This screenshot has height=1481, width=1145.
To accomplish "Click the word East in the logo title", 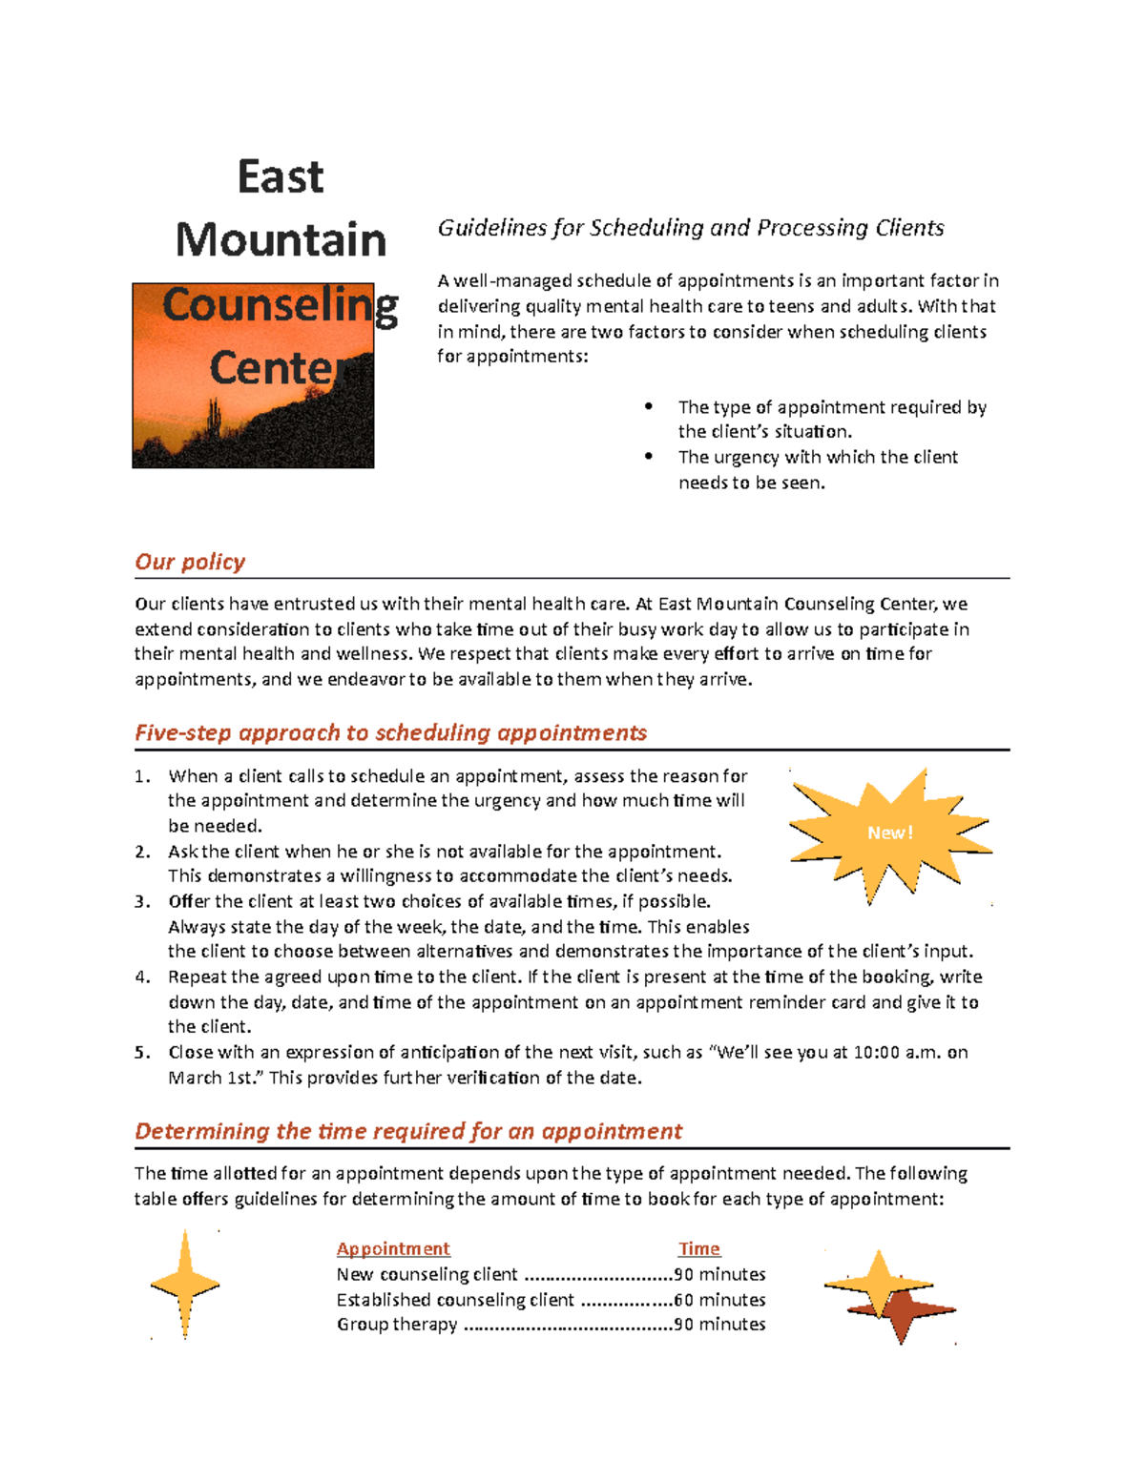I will click(281, 177).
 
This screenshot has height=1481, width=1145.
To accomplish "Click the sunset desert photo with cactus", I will click(253, 410).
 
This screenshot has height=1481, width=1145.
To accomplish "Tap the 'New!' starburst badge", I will click(889, 833).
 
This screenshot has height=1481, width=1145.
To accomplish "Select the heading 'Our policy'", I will click(190, 562).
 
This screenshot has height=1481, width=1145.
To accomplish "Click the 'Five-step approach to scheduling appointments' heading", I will click(390, 732).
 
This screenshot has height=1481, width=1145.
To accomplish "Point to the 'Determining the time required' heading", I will click(408, 1131).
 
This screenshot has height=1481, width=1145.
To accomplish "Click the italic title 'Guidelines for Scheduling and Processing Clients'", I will click(690, 228).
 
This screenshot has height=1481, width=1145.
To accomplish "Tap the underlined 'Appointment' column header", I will click(393, 1248).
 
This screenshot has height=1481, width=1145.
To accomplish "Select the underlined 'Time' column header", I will click(698, 1248).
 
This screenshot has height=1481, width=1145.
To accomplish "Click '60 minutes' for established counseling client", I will click(719, 1300).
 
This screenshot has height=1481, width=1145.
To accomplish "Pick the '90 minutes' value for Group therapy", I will click(719, 1325).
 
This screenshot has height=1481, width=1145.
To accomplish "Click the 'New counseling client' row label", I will click(427, 1274).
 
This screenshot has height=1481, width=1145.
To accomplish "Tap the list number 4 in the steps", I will click(142, 977).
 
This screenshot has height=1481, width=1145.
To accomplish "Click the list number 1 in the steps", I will click(142, 776).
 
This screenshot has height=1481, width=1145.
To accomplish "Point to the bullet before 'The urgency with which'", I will click(649, 457).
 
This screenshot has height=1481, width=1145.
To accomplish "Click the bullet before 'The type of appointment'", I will click(649, 406).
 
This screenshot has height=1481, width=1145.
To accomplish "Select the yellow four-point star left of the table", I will click(185, 1285).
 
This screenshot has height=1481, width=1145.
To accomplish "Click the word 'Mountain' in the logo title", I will click(281, 239).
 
